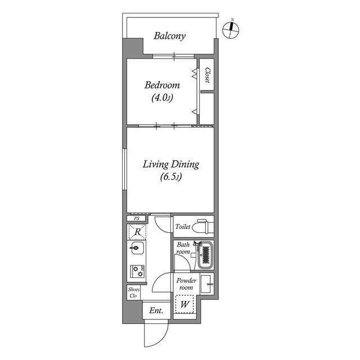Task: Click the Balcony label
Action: click(170, 36)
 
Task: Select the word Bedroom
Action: click(162, 85)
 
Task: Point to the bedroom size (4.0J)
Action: click(162, 98)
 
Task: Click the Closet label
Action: click(207, 76)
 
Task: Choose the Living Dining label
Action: click(170, 164)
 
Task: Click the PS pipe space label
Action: click(136, 218)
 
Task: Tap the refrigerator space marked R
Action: click(137, 231)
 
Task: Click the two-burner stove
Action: click(136, 271)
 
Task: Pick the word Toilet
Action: click(183, 227)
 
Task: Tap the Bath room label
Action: click(183, 249)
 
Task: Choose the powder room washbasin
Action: click(206, 284)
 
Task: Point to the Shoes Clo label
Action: click(133, 292)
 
